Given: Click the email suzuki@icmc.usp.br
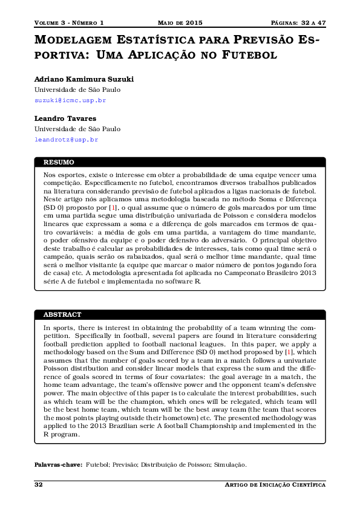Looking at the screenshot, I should tap(70, 100).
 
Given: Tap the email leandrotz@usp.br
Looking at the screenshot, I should tap(66, 140).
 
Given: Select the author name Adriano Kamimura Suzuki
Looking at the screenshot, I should tap(83, 79).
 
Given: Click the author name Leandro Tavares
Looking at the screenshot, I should tap(65, 118).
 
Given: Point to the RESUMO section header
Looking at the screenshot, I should tap(59, 162).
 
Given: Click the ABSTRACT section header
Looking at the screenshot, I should tap(62, 315).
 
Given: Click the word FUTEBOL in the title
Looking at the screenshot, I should tap(249, 55).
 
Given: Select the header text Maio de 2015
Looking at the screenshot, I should tap(180, 23).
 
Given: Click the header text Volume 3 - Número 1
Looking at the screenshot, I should tap(69, 23).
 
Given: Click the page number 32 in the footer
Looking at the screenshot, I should tap(38, 485).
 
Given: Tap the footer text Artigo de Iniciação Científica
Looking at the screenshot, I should tap(275, 485).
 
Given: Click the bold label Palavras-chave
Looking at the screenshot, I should tap(57, 464).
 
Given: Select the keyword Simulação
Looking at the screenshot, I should tap(231, 464).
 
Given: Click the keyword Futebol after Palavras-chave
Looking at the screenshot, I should tap(97, 464).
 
